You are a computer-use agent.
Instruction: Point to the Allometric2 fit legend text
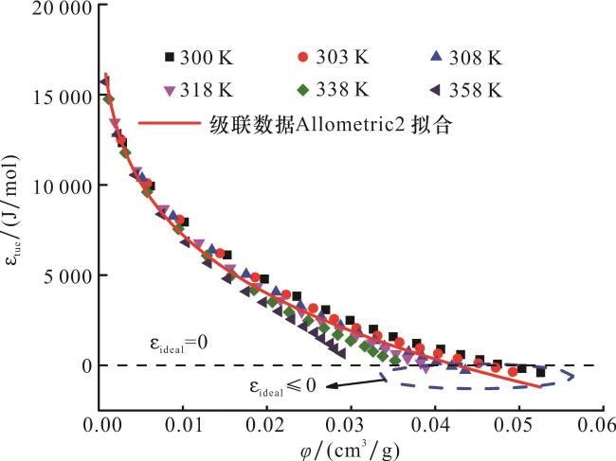(x=331, y=124)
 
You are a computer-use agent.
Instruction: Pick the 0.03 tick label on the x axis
(x=351, y=422)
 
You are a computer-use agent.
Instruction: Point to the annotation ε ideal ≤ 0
(x=283, y=386)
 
